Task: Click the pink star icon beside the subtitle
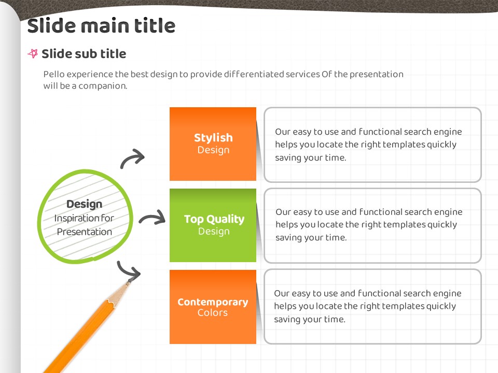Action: [33, 53]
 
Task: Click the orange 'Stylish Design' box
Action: [213, 144]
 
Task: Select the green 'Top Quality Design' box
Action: [213, 225]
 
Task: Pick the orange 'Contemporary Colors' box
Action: [213, 307]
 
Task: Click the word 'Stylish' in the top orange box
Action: [213, 138]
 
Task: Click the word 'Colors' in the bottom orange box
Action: [213, 313]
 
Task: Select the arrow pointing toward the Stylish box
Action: [132, 158]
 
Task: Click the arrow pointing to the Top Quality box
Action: [152, 217]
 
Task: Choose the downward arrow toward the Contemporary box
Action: [127, 271]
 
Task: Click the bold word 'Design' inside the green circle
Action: [84, 204]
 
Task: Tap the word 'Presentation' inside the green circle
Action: [85, 232]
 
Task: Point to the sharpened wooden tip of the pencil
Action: [128, 282]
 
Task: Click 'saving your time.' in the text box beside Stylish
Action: [310, 158]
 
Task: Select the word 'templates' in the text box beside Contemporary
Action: [403, 306]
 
